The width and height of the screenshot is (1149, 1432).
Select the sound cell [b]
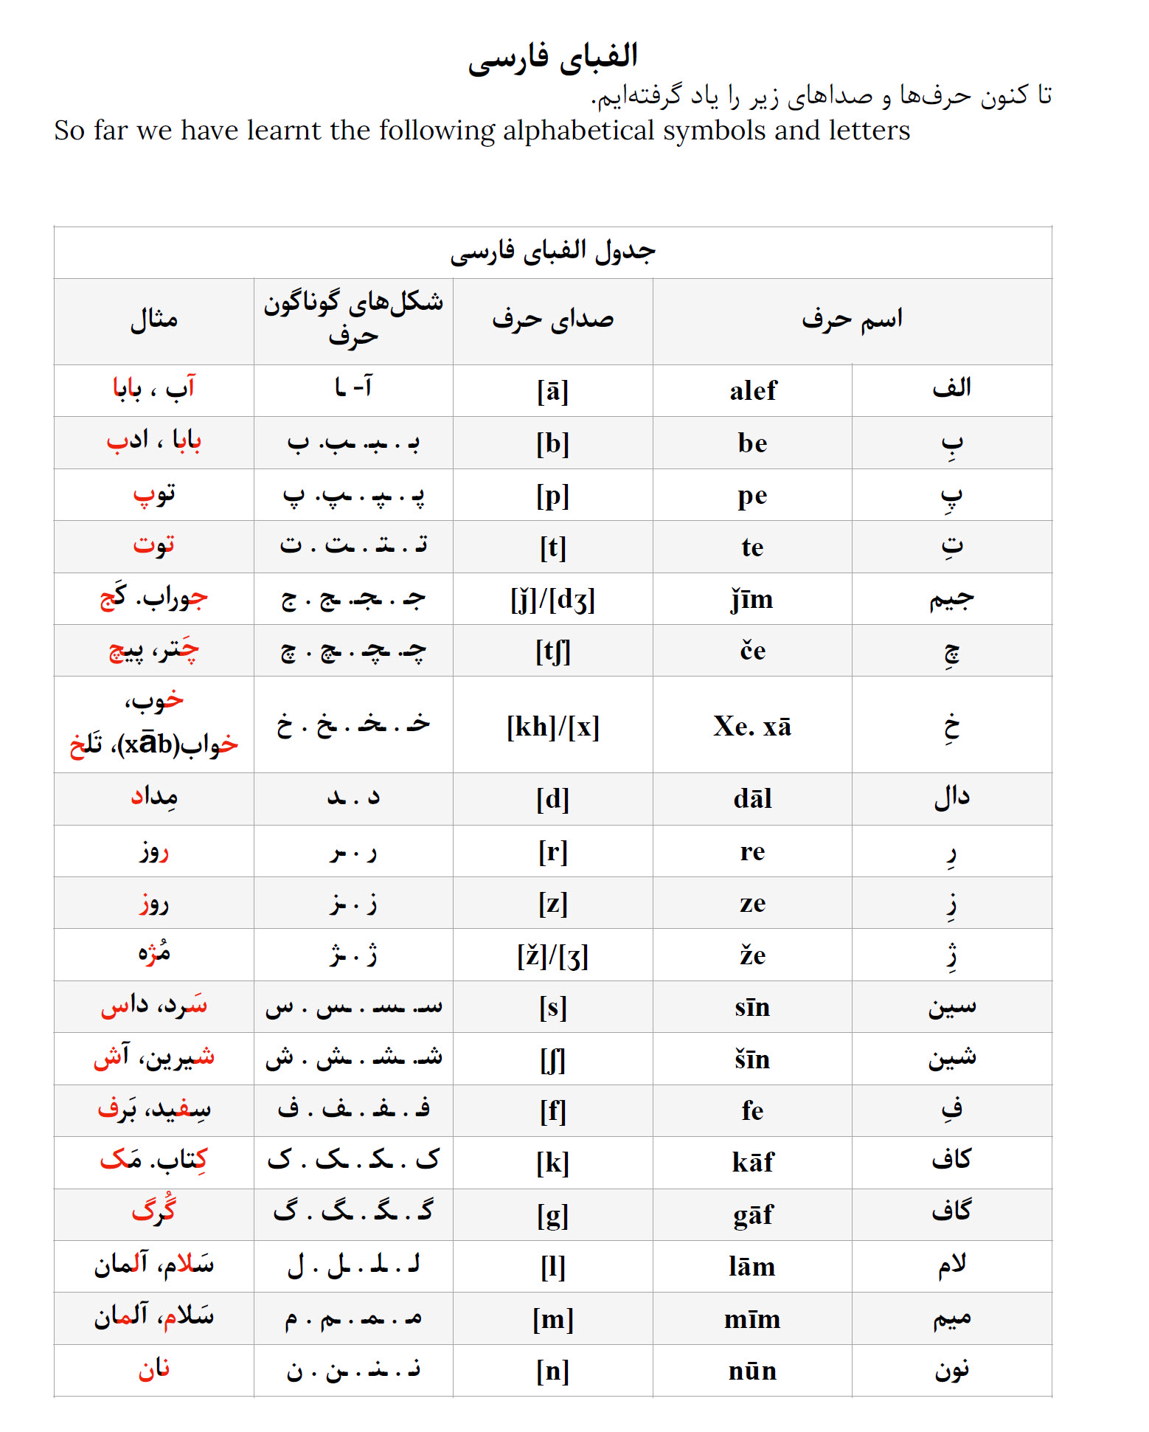click(552, 443)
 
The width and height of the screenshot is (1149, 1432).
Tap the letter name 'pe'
click(753, 496)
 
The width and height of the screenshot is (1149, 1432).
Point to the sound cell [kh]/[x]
click(552, 727)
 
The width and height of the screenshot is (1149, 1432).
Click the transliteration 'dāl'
click(753, 799)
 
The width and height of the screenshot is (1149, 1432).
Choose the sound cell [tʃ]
click(552, 651)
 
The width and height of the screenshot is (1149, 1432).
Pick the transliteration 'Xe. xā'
click(753, 727)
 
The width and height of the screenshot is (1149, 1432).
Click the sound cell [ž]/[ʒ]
click(552, 956)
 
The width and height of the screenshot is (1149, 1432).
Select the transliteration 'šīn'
click(753, 1059)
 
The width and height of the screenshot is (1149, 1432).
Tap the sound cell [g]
click(552, 1215)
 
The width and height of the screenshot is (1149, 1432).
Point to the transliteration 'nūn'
click(753, 1371)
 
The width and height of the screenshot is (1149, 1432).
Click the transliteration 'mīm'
click(753, 1319)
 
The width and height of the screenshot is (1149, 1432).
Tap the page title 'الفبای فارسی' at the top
click(552, 58)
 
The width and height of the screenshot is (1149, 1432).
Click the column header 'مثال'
click(154, 320)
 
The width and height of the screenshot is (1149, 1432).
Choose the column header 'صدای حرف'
click(552, 320)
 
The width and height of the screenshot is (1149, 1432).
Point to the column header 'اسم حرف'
click(852, 320)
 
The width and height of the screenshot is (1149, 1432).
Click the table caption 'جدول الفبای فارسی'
click(552, 252)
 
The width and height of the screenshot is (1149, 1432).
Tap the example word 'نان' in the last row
click(154, 1369)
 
